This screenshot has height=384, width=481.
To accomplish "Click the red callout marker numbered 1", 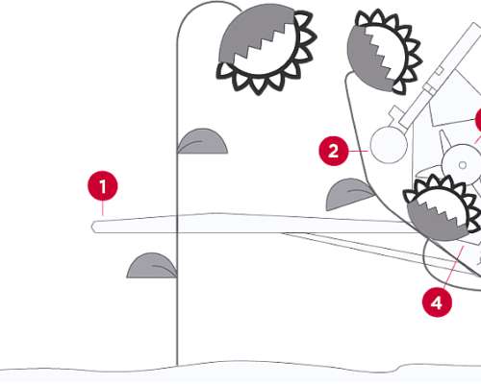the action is coord(103,186).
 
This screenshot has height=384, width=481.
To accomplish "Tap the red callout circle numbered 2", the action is coord(334,151).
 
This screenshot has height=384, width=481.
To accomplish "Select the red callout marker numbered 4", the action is coord(437,302).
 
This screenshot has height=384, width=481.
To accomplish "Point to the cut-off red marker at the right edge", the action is coord(478,120).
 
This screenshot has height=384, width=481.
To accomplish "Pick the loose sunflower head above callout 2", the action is coord(384,51).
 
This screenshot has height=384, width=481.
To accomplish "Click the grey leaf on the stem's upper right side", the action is coord(203,141).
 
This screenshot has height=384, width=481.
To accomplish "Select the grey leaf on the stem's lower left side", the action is coord(152,266).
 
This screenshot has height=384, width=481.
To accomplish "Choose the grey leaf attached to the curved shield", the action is coord(349,195).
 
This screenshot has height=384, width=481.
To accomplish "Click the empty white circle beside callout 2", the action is coord(389,145).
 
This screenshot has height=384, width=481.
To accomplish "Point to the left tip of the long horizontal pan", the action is coord(92,227).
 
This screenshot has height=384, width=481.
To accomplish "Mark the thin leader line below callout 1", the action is coord(103,208).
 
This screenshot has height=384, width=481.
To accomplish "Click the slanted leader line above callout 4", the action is coord(454,266).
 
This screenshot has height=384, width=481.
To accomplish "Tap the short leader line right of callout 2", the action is coord(358,151).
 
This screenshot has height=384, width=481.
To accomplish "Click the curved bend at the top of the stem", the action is coord(209,3).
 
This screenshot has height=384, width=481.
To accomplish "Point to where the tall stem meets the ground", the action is coord(177,365).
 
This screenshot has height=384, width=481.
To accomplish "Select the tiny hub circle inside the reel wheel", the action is coord(463,165).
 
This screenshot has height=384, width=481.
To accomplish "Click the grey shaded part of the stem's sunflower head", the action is coord(253,31).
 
